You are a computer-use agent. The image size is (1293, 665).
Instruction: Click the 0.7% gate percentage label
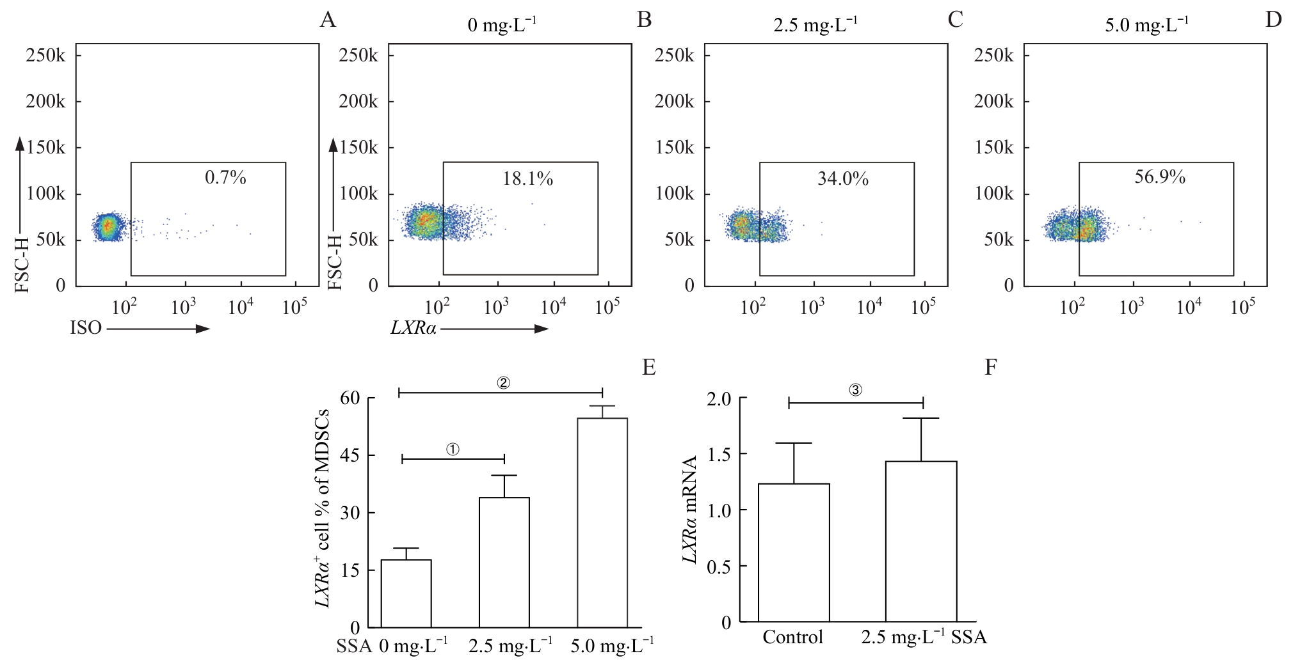pyautogui.click(x=225, y=178)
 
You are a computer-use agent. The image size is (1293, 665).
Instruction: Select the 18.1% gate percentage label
pyautogui.click(x=527, y=179)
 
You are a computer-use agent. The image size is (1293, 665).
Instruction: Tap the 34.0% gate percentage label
pyautogui.click(x=843, y=179)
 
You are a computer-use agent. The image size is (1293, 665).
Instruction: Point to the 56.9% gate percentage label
pyautogui.click(x=1160, y=177)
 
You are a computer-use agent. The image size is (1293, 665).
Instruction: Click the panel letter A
pyautogui.click(x=328, y=20)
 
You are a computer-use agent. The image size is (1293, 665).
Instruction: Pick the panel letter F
pyautogui.click(x=990, y=368)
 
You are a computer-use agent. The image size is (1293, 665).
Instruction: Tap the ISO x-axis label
pyautogui.click(x=86, y=329)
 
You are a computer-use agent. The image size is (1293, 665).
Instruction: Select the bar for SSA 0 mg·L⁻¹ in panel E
pyautogui.click(x=406, y=593)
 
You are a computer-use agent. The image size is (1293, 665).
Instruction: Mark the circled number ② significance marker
pyautogui.click(x=503, y=382)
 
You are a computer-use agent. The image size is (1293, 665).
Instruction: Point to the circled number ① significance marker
pyautogui.click(x=453, y=450)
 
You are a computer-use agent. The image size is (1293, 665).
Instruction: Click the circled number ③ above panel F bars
pyautogui.click(x=856, y=391)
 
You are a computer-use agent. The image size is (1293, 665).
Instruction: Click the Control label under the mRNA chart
pyautogui.click(x=793, y=638)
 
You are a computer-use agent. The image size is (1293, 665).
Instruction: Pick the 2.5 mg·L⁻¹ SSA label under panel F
pyautogui.click(x=923, y=638)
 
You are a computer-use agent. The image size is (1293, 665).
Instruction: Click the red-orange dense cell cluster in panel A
pyautogui.click(x=108, y=225)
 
